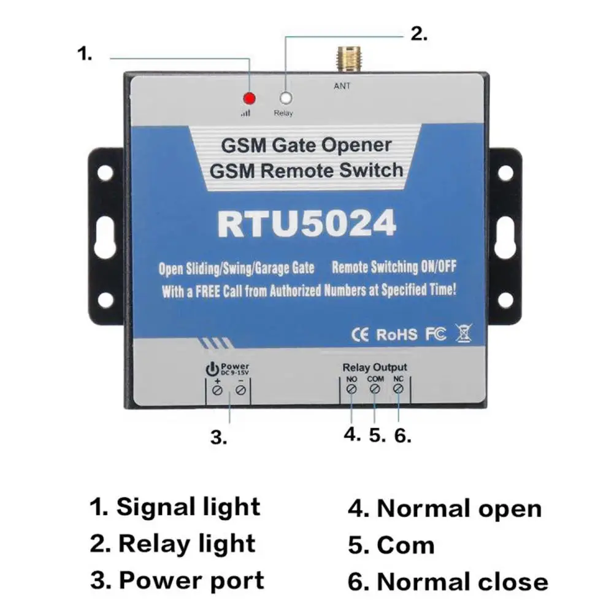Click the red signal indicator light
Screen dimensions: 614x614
(x=249, y=98)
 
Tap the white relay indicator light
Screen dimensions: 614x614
(x=285, y=98)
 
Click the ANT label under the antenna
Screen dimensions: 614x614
(x=342, y=86)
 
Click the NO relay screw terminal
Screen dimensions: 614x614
(x=351, y=389)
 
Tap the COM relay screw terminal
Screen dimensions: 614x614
(x=375, y=389)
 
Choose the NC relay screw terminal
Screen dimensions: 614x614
(x=399, y=389)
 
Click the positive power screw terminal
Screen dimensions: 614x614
(x=217, y=390)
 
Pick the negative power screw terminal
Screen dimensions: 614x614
(x=241, y=390)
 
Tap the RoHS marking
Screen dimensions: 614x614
(x=396, y=334)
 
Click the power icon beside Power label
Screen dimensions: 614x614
(x=211, y=369)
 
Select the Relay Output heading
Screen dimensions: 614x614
(x=374, y=368)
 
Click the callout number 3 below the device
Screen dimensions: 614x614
(x=218, y=437)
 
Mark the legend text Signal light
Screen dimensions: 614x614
(x=188, y=507)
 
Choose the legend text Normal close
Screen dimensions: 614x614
(x=462, y=581)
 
